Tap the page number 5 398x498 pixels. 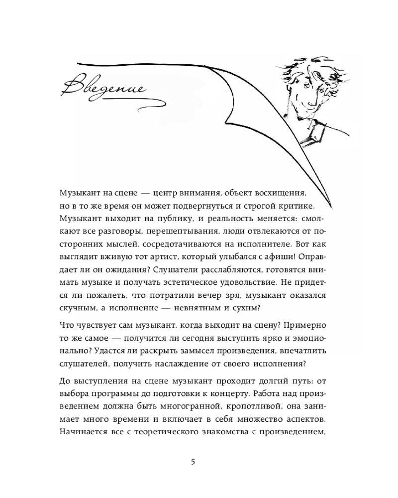point(193,461)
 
